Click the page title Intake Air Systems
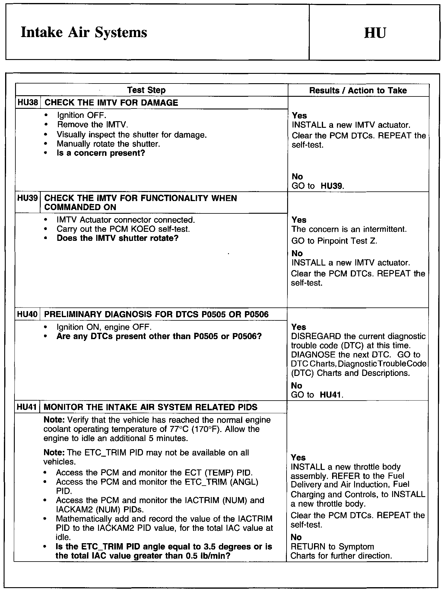[84, 33]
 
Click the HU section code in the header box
[375, 33]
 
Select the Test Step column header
[146, 90]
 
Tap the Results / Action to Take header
[358, 90]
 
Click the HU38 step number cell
[28, 102]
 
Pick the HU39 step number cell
[28, 198]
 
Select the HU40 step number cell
[27, 314]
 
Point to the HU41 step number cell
[27, 407]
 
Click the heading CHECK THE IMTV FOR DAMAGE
[111, 103]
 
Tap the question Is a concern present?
[101, 153]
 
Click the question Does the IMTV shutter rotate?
[118, 238]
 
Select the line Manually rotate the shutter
[108, 144]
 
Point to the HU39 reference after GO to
[332, 186]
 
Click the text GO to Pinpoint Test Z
[334, 241]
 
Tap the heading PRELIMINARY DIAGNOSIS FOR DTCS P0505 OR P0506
[156, 314]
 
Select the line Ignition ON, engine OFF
[104, 327]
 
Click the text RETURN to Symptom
[332, 547]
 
